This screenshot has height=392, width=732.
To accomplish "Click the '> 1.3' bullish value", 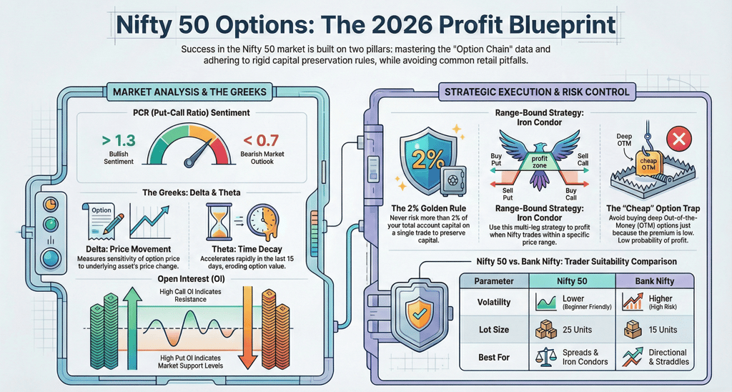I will click(x=112, y=139).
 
